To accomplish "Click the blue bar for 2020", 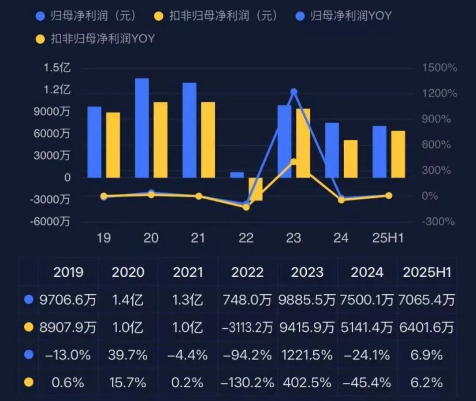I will coord(142,128).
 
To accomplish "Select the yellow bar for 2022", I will coord(256,189).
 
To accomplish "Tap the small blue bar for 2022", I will coord(237,175).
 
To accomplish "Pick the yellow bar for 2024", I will coord(351,159).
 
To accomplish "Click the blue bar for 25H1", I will coord(379,152).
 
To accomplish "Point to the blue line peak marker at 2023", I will coord(294,92).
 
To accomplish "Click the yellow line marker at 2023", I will coord(294,162).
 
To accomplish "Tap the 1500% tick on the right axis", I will coord(439,68).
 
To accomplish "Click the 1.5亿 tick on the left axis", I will coord(57,68).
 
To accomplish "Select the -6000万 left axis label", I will coord(50,222).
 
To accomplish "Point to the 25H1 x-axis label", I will coord(388,238).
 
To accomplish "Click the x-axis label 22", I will coord(246,238).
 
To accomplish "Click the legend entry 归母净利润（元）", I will coord(86,16).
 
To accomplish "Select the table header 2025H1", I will coord(427,272).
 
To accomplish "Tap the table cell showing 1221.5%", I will coord(307,355).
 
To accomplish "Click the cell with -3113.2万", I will coord(247,328).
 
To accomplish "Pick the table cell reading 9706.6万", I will coord(68,301).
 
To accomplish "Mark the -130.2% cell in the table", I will coord(247,382).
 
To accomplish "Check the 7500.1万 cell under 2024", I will coord(367,301).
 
